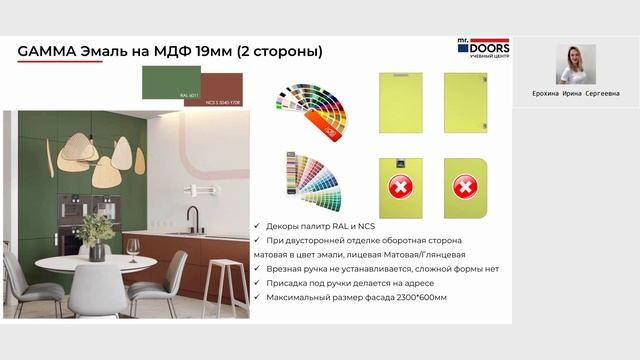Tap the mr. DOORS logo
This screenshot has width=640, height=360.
point(484,50)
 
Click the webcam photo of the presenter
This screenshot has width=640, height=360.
point(576,65)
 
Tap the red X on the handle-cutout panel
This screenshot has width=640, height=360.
point(400,187)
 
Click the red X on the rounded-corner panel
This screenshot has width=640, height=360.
point(463,187)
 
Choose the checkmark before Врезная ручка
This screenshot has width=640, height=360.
point(259,269)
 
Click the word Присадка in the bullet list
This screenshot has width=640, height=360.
point(291,284)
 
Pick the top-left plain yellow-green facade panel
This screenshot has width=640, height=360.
point(400,102)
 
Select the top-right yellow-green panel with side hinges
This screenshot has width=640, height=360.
point(463,102)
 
